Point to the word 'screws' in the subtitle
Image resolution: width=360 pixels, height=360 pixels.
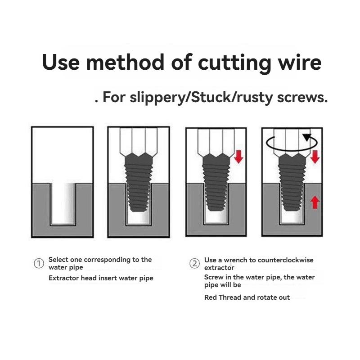(302, 98)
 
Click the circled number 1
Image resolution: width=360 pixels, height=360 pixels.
(39, 264)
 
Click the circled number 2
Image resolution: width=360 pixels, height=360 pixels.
(194, 264)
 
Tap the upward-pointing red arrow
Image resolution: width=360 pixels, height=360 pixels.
(315, 202)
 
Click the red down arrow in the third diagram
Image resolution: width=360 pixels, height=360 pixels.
(239, 157)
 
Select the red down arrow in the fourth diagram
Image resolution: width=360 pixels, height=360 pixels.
(315, 157)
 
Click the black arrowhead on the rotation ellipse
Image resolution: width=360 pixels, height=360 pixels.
(307, 137)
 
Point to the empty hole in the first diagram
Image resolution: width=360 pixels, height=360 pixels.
(63, 203)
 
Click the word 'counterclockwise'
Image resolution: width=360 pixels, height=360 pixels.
(285, 260)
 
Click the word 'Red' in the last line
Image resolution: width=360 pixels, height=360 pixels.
(211, 297)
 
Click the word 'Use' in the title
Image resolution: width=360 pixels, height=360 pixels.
(61, 63)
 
